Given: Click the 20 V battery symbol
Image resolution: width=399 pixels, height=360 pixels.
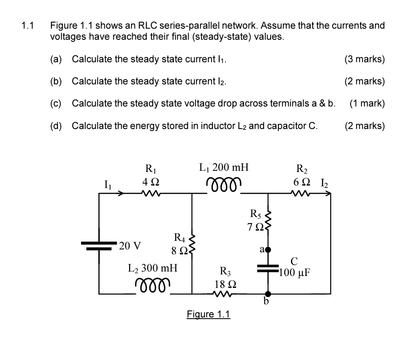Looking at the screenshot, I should (99, 245).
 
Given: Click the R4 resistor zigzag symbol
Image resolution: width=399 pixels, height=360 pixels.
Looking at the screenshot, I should (192, 245).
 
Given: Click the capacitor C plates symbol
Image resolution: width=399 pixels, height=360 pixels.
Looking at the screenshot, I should (268, 268).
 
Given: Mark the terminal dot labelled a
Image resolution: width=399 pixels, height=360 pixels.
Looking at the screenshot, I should (268, 249).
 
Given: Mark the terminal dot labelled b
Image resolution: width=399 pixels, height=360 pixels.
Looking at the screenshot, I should (268, 294).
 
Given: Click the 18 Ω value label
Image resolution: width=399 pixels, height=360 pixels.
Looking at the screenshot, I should (224, 284).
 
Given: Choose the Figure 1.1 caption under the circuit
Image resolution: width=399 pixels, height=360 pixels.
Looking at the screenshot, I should (208, 314).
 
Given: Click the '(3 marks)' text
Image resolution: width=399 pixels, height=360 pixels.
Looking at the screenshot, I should (364, 59).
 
